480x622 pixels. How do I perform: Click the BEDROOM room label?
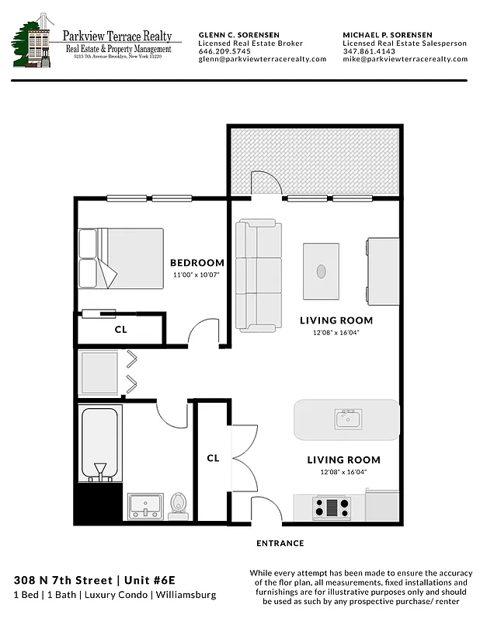pos(197,263)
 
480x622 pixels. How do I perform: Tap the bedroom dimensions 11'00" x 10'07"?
pos(197,274)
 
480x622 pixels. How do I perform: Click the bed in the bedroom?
pos(120,258)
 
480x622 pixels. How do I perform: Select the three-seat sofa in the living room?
pos(259,275)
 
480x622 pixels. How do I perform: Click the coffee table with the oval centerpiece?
pos(322,271)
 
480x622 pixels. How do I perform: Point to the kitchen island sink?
pos(347,420)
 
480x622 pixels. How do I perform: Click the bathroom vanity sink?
pos(145,505)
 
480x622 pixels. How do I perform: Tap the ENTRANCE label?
pos(280,543)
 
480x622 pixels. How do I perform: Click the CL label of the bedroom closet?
pos(120,329)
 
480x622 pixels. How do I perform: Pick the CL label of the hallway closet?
pos(213,458)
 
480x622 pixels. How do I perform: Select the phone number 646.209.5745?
pos(225,51)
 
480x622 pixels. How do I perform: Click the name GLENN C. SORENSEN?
pos(239,36)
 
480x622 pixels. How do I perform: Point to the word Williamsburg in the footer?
pos(187,596)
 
